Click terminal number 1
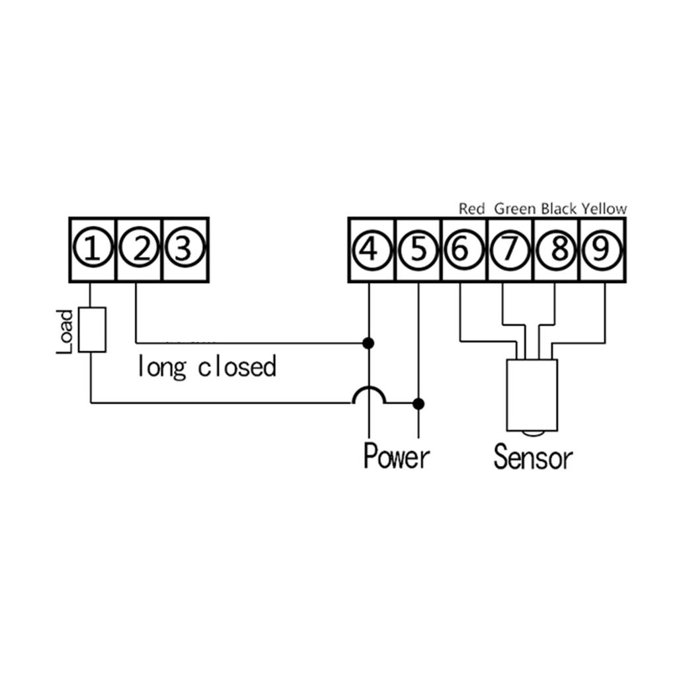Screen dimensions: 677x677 (x=93, y=250)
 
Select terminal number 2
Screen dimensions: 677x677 (x=139, y=250)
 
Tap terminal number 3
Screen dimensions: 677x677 (x=185, y=250)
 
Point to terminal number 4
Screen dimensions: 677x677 (x=371, y=250)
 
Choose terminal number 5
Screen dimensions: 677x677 (x=418, y=250)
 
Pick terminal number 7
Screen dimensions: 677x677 (x=510, y=250)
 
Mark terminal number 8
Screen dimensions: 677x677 (x=556, y=250)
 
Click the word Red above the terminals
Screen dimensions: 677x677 (x=472, y=209)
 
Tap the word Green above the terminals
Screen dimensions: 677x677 (x=516, y=209)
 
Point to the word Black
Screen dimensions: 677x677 (x=559, y=209)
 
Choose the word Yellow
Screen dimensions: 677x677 (x=604, y=209)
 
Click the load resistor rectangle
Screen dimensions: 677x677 (x=92, y=329)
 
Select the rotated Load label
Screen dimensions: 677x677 (x=65, y=331)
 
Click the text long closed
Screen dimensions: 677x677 (x=206, y=367)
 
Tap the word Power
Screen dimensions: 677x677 (x=397, y=456)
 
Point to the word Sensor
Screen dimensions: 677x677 (x=533, y=457)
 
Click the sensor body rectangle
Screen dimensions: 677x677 (x=532, y=395)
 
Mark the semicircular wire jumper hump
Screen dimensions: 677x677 (x=369, y=395)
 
